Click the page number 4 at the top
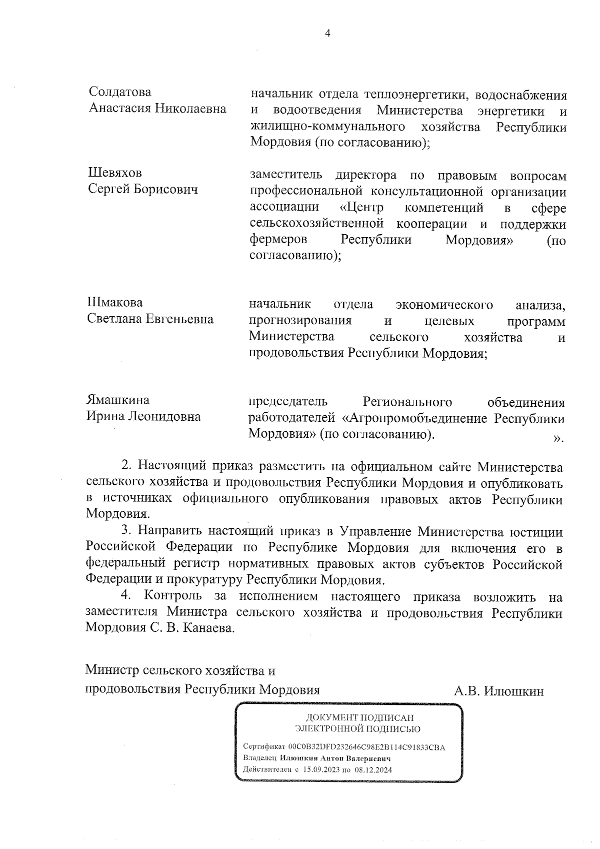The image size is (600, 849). click(x=328, y=34)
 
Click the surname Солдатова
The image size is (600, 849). click(x=120, y=92)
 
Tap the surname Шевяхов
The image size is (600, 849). click(x=115, y=173)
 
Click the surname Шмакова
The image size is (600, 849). click(x=115, y=303)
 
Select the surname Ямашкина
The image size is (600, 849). click(x=118, y=400)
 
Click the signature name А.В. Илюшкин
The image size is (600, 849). click(x=498, y=691)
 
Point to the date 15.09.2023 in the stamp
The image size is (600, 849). click(x=322, y=769)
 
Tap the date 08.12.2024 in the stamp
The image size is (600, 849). click(x=374, y=769)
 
